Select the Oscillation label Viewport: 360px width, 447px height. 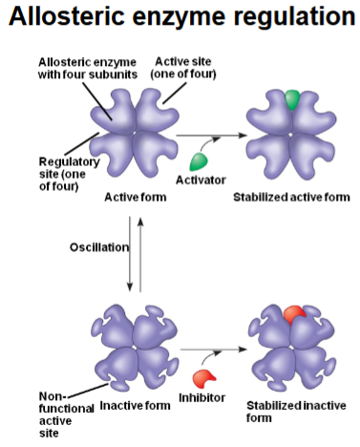(x=97, y=247)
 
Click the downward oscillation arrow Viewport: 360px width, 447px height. (x=129, y=258)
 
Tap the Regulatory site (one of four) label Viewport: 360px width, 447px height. (x=37, y=172)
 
